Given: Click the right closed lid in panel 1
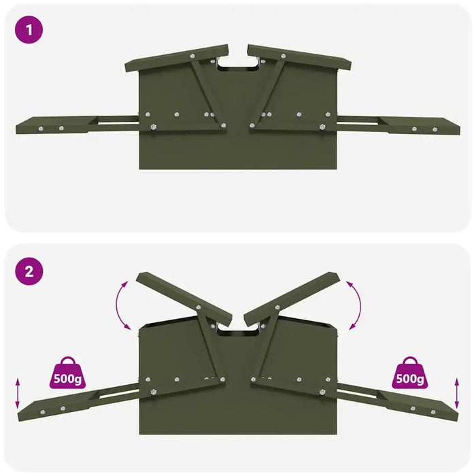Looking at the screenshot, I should click(x=299, y=58).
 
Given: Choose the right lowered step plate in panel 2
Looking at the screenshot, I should click(x=418, y=407).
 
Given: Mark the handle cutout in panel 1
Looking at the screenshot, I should click(x=238, y=63).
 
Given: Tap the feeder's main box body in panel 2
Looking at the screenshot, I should click(x=238, y=408).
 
